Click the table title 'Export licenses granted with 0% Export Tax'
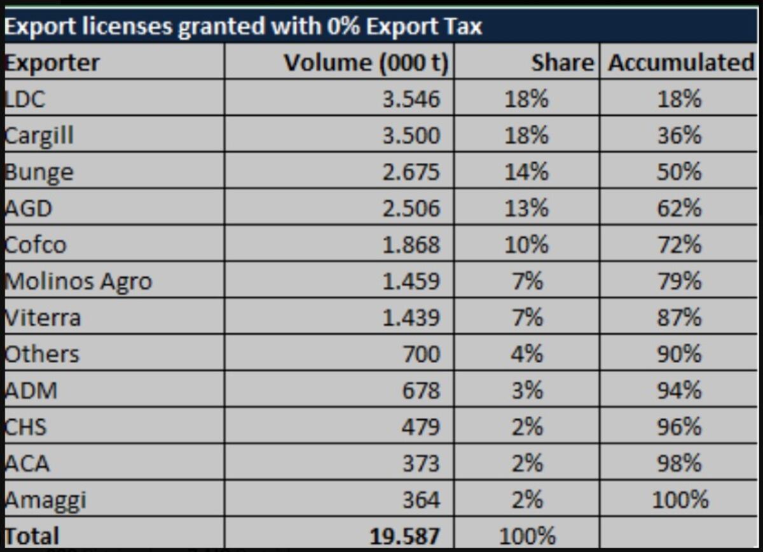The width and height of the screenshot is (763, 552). pyautogui.click(x=243, y=27)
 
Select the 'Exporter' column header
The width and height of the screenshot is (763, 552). pyautogui.click(x=52, y=64)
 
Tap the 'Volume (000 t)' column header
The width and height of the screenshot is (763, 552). pyautogui.click(x=366, y=64)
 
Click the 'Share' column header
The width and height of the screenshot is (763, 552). pyautogui.click(x=563, y=63)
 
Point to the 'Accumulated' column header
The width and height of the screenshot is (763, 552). pyautogui.click(x=682, y=63)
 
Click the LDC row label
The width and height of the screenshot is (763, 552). pyautogui.click(x=25, y=99)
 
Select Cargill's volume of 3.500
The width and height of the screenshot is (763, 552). pyautogui.click(x=411, y=135)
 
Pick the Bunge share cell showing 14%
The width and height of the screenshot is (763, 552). pyautogui.click(x=526, y=172)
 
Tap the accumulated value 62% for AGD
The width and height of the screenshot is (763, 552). pyautogui.click(x=679, y=208)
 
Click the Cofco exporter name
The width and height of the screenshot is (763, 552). pyautogui.click(x=36, y=245)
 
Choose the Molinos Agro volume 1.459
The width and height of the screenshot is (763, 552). pyautogui.click(x=411, y=282)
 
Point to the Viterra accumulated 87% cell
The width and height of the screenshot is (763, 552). pyautogui.click(x=679, y=317)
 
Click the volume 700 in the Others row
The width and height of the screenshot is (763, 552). pyautogui.click(x=422, y=354)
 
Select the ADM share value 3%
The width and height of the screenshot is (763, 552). pyautogui.click(x=527, y=390)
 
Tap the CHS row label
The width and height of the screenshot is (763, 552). pyautogui.click(x=25, y=427)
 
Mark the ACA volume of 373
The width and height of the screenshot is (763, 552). pyautogui.click(x=422, y=464)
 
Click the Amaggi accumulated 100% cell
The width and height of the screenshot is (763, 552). pyautogui.click(x=680, y=500)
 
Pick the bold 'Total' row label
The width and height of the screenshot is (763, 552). pyautogui.click(x=32, y=535)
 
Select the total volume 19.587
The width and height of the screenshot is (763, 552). pyautogui.click(x=405, y=536)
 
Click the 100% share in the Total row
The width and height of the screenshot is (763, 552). pyautogui.click(x=527, y=536)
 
